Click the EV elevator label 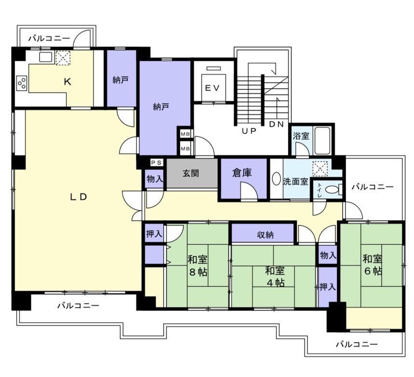coord(212,88)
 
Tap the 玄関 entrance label coord(191,173)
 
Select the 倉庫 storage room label coord(242,173)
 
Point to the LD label coord(79,197)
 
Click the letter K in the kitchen coord(68,82)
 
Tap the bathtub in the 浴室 coord(323,141)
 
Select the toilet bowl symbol coord(332,190)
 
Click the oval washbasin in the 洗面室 coord(276,179)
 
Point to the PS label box coord(156,163)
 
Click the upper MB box coord(185,134)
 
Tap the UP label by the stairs coord(249,130)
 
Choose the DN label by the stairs coord(276,124)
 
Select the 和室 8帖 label coord(197,265)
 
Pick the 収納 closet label coord(265,235)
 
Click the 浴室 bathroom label coord(301,136)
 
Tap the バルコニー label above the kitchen coord(49,39)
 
